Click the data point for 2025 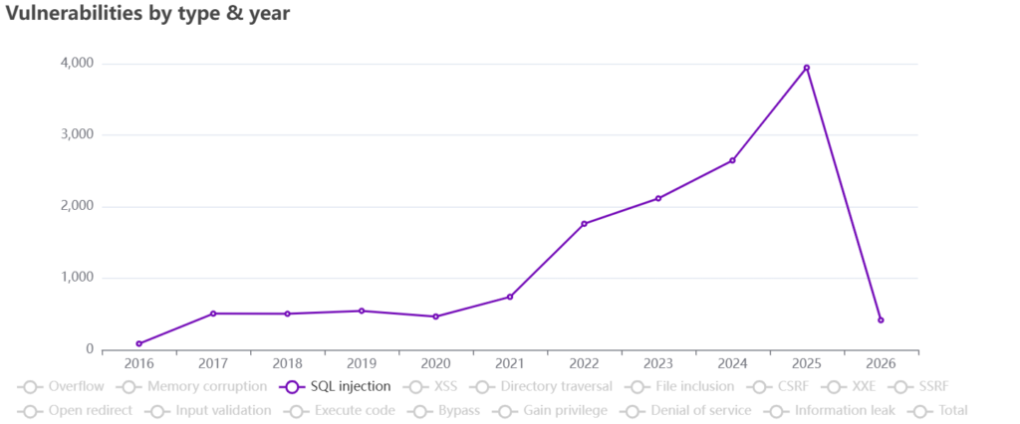pos(806,68)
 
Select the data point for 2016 pos(138,343)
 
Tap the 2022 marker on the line pos(584,224)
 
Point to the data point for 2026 pos(881,319)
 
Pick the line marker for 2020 pos(435,317)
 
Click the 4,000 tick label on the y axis pos(77,64)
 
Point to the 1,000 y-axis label pos(77,279)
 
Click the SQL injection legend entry pos(336,386)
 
